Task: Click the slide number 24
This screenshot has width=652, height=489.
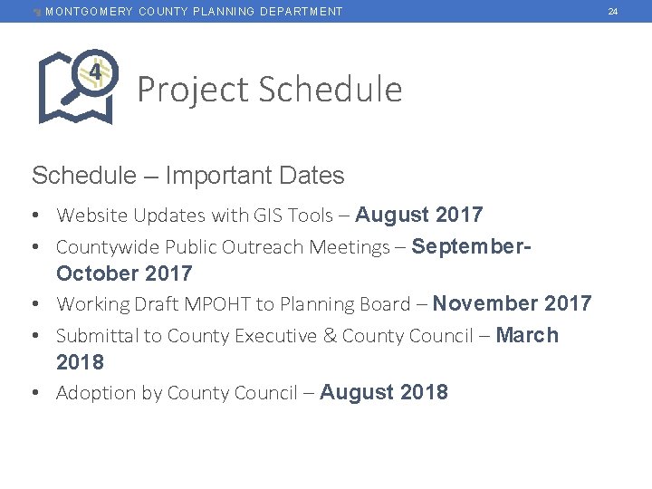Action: click(613, 11)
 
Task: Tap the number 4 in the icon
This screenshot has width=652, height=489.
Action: click(94, 70)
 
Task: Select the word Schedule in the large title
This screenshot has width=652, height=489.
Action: click(330, 90)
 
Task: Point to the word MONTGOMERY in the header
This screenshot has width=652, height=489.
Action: click(89, 11)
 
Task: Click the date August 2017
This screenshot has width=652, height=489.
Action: click(419, 215)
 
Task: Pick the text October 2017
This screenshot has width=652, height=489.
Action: click(124, 273)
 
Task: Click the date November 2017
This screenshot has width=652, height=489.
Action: click(512, 303)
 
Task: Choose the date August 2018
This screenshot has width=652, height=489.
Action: click(384, 392)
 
